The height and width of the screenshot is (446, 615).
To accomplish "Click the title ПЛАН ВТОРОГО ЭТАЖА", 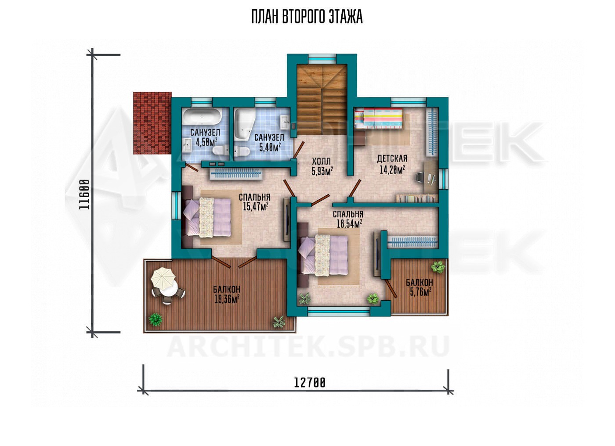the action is pos(307,17).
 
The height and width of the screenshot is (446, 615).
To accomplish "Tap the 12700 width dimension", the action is pos(310,382).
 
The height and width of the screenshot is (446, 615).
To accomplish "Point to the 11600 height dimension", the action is pos(84,194).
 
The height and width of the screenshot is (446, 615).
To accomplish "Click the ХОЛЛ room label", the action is pos(321,161).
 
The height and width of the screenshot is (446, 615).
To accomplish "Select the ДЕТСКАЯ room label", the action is pos(392,158).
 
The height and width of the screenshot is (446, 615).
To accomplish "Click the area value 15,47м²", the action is pos(255,206).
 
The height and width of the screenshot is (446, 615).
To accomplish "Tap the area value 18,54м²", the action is pos(349,224).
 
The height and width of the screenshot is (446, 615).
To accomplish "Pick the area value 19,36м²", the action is pos(227,299).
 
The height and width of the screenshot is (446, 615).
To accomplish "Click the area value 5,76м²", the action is pos(420,292).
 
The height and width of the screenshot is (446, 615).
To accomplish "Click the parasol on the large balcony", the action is pos(163,277).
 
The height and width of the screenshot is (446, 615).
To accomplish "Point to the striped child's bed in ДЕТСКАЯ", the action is pos(379,119).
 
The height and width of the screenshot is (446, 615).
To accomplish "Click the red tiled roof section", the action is pos(152,123).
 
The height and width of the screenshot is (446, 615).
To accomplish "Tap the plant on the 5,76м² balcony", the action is pos(438,266).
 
